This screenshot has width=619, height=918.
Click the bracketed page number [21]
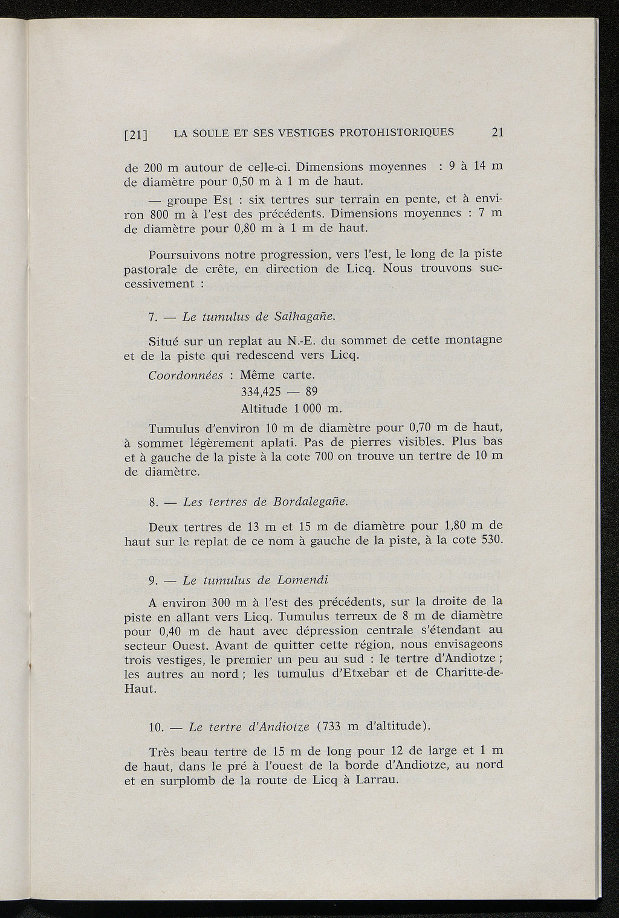coord(136,135)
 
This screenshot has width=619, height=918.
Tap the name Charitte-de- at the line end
coord(468,673)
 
